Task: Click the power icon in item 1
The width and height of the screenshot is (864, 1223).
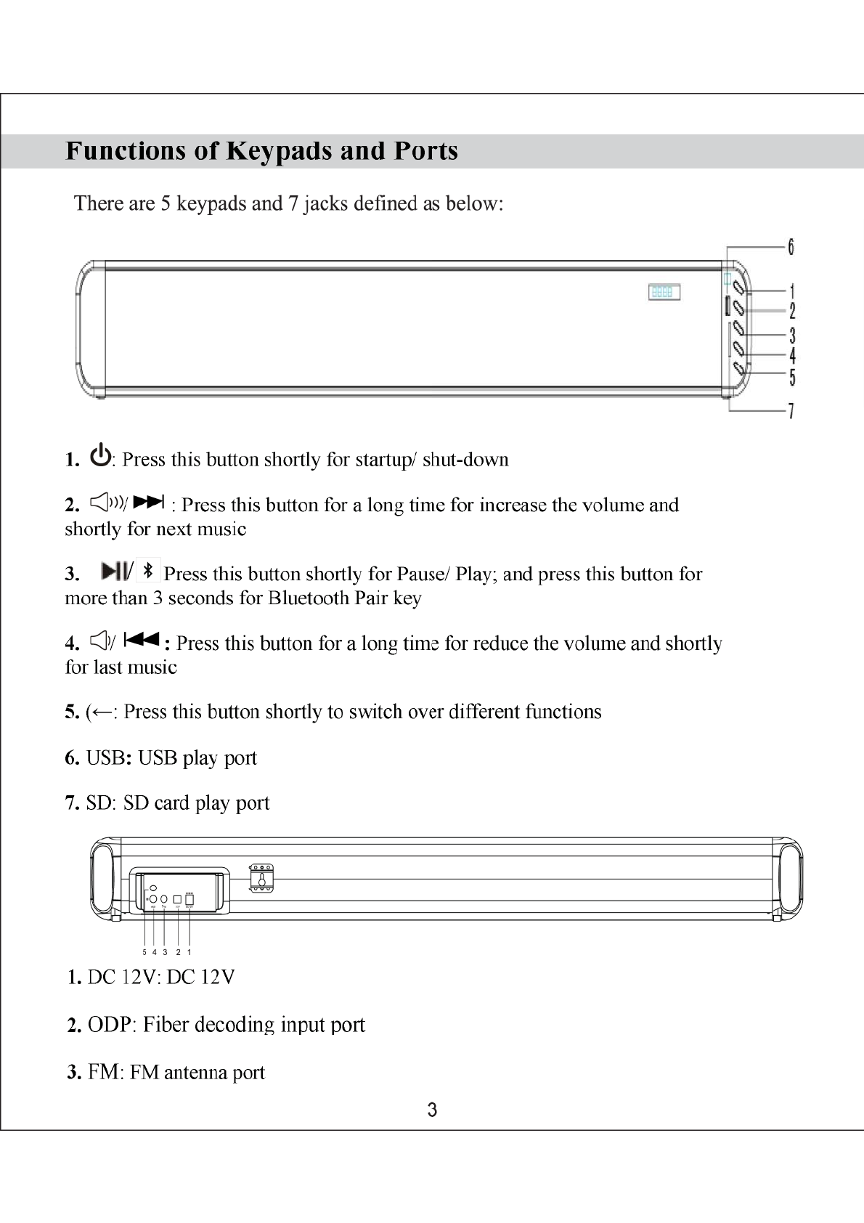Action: [x=101, y=455]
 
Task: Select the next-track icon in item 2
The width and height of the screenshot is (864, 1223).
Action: [x=150, y=502]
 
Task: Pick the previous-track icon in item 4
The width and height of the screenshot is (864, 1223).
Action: [x=142, y=640]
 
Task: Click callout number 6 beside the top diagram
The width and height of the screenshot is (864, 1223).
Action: [x=791, y=247]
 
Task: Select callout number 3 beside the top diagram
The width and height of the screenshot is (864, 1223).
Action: [x=792, y=336]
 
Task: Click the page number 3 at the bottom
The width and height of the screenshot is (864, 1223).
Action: [x=432, y=1110]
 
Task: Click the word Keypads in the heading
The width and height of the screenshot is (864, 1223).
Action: [x=280, y=151]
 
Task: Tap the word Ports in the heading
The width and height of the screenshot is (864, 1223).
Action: [x=426, y=151]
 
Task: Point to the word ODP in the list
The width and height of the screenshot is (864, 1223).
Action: [x=110, y=1025]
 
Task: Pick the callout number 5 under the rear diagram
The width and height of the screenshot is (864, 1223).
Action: [x=144, y=952]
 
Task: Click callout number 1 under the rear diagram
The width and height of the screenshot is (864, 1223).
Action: [x=189, y=952]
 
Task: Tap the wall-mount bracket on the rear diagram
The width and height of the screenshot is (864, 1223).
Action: [x=261, y=877]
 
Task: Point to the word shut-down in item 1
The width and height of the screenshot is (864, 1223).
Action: [x=465, y=460]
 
